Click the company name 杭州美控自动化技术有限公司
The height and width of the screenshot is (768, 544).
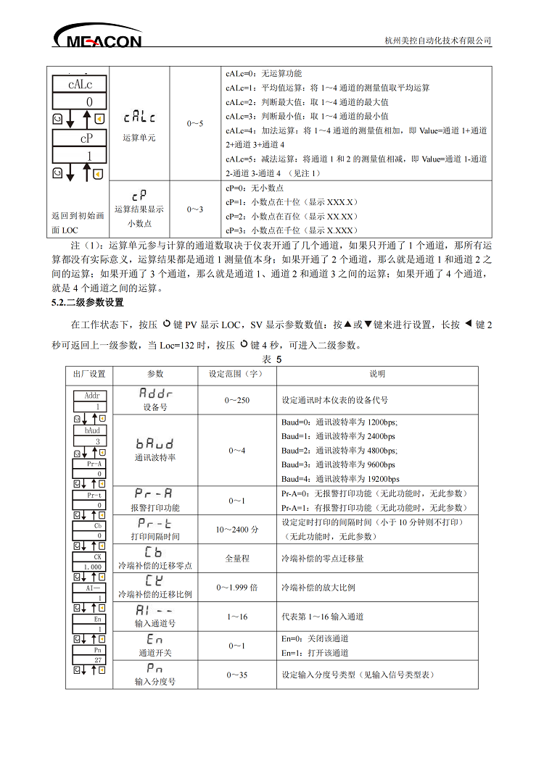tap(437, 41)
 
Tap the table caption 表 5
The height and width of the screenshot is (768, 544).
tap(271, 358)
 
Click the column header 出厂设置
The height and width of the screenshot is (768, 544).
tap(89, 375)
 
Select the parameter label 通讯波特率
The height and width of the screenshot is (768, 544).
tap(155, 458)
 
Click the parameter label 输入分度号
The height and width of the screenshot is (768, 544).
tap(155, 682)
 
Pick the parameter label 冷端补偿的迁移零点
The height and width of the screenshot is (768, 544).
tap(155, 566)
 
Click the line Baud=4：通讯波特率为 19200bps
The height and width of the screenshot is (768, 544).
tap(339, 479)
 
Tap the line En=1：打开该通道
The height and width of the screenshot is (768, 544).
tap(315, 653)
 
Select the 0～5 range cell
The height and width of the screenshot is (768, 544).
tap(194, 124)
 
